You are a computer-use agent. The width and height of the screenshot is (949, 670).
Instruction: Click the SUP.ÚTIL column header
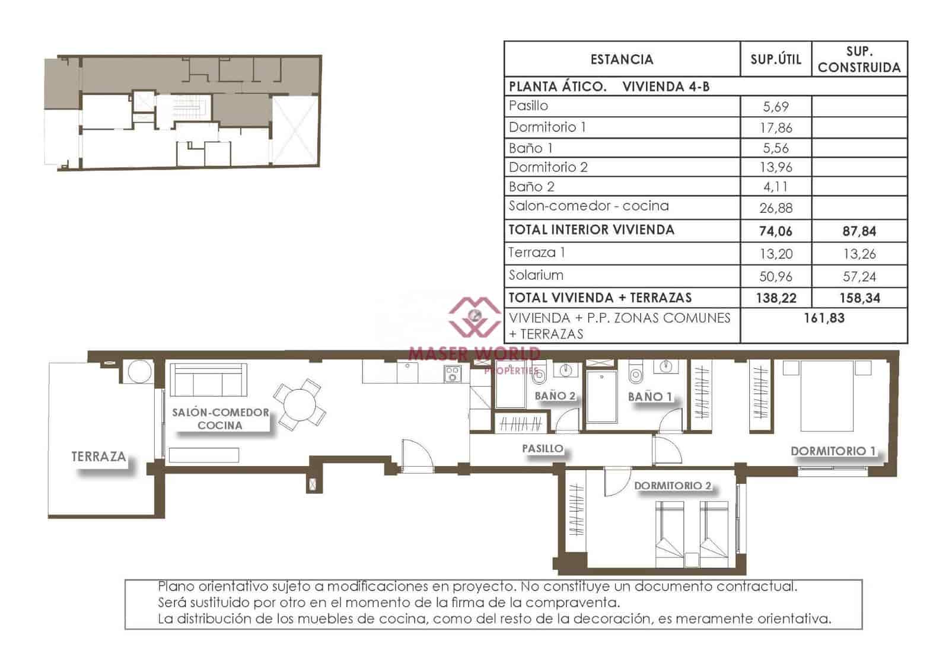point(775,59)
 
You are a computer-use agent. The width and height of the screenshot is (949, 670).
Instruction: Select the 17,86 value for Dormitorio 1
point(775,127)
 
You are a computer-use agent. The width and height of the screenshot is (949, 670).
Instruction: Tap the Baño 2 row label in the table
point(531,187)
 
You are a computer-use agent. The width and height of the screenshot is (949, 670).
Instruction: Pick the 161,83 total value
point(823,318)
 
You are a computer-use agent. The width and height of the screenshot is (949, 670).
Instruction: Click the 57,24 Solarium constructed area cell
point(859,276)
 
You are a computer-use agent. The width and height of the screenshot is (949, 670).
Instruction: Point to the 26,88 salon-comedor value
point(775,208)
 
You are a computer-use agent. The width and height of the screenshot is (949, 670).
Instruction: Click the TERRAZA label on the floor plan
point(98,457)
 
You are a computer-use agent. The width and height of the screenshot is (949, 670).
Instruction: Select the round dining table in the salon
point(300,406)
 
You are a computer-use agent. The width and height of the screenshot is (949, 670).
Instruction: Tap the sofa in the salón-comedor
point(208,381)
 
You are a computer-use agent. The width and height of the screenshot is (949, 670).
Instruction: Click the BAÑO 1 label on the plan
point(649,397)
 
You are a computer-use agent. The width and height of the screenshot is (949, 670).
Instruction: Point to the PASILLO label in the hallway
point(542,449)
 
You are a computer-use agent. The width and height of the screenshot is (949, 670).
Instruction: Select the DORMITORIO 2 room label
point(672,486)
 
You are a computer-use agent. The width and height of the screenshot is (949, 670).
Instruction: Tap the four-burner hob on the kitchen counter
point(453,374)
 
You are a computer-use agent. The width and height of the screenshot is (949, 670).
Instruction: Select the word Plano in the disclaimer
point(176,586)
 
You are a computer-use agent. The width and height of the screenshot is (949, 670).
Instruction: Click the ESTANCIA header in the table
point(622,59)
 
